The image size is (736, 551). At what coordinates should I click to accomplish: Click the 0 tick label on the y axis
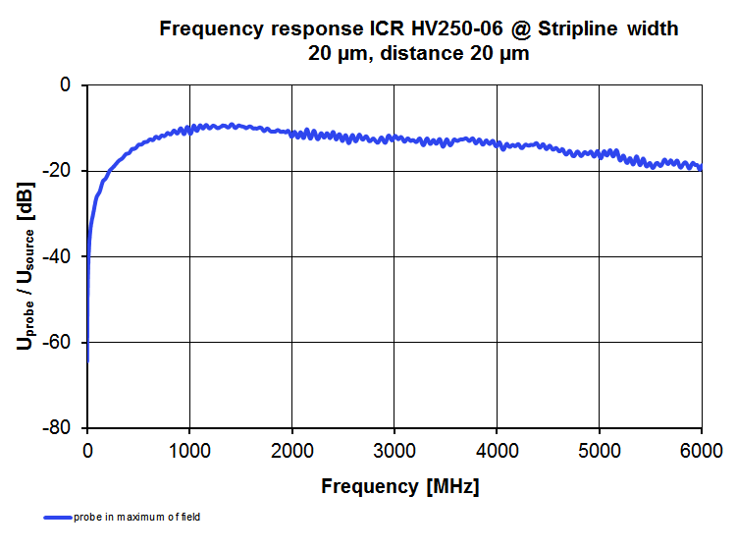(66, 85)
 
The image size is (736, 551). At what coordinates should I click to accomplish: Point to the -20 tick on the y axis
(58, 171)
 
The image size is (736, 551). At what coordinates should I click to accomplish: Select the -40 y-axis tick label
(58, 256)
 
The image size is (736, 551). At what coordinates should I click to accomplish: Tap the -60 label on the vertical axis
(58, 342)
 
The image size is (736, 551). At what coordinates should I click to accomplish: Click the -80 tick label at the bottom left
(58, 428)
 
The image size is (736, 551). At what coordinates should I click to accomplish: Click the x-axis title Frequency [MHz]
(400, 485)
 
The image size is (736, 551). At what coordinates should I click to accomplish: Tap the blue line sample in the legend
(57, 517)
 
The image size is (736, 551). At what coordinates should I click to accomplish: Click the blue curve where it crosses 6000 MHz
(701, 167)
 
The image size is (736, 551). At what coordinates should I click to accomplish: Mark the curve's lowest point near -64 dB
(87, 359)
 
